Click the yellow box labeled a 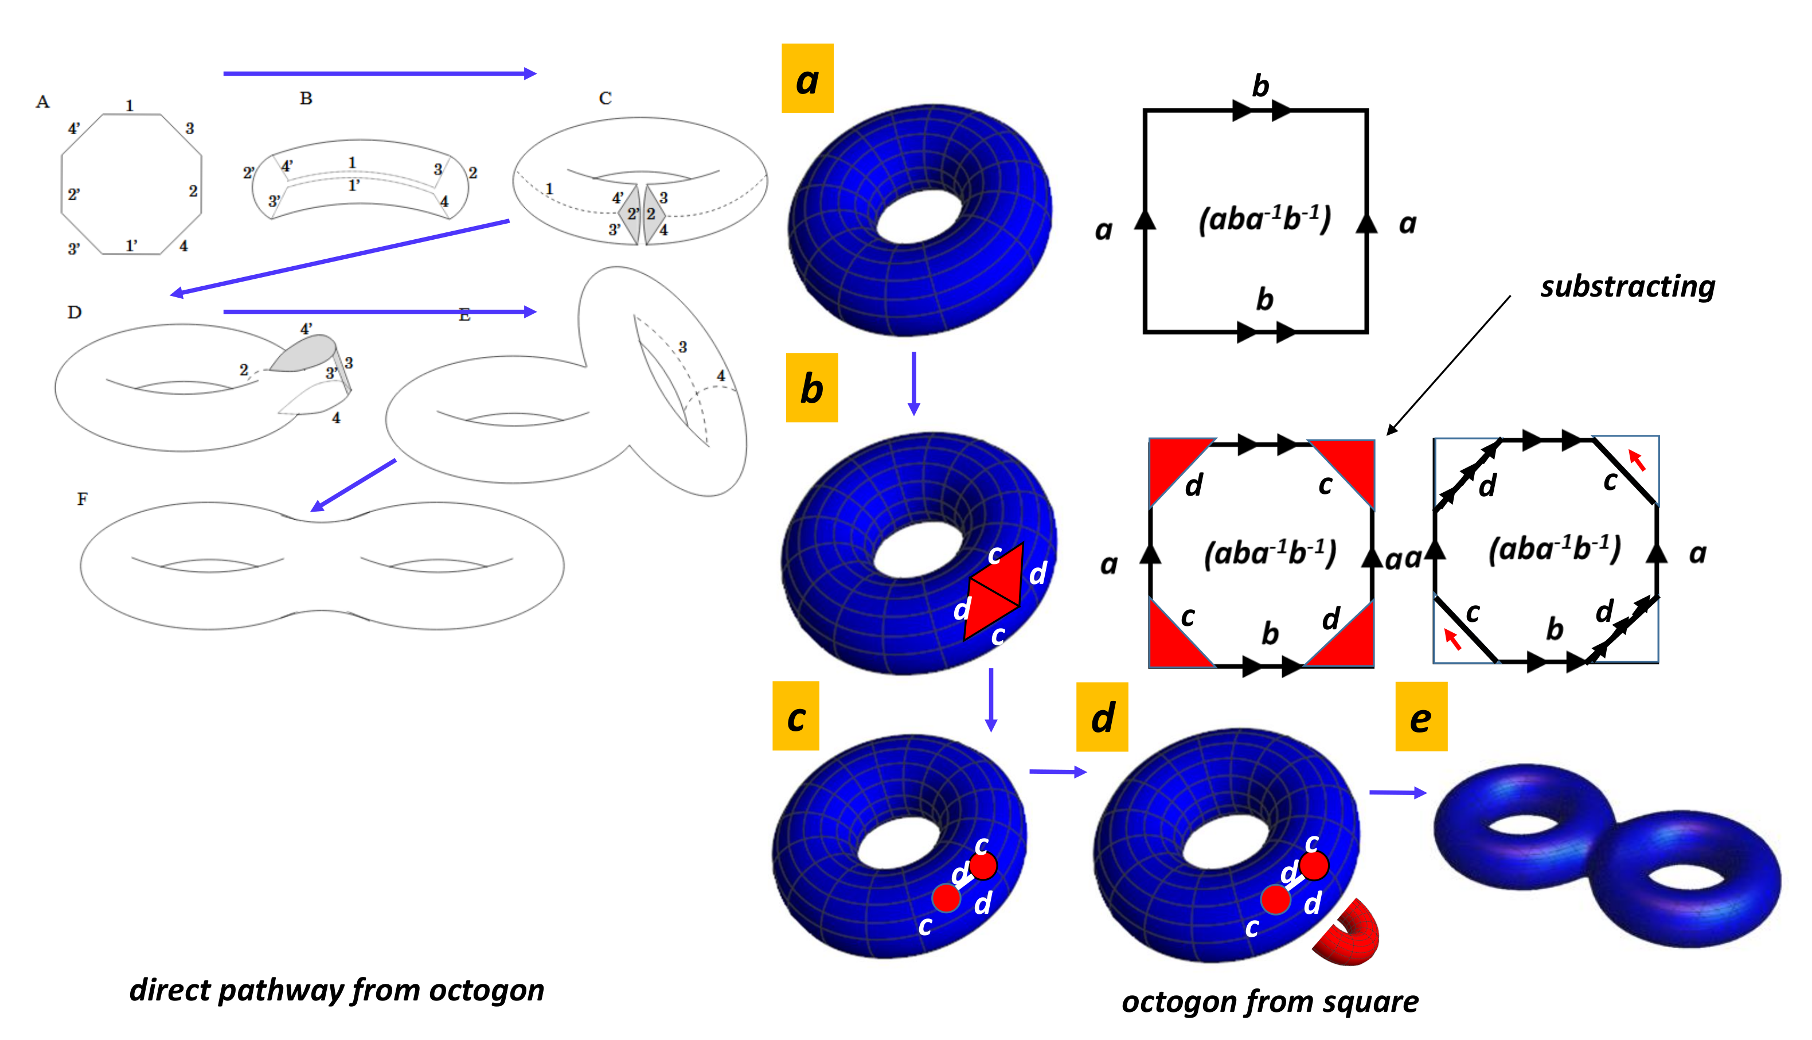[807, 79]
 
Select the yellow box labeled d [1102, 716]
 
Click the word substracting [1626, 286]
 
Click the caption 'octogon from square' [1270, 1002]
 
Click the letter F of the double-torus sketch [82, 498]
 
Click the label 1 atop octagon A [129, 106]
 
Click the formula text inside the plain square [1264, 219]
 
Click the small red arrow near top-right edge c [1637, 460]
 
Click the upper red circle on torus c [983, 866]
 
